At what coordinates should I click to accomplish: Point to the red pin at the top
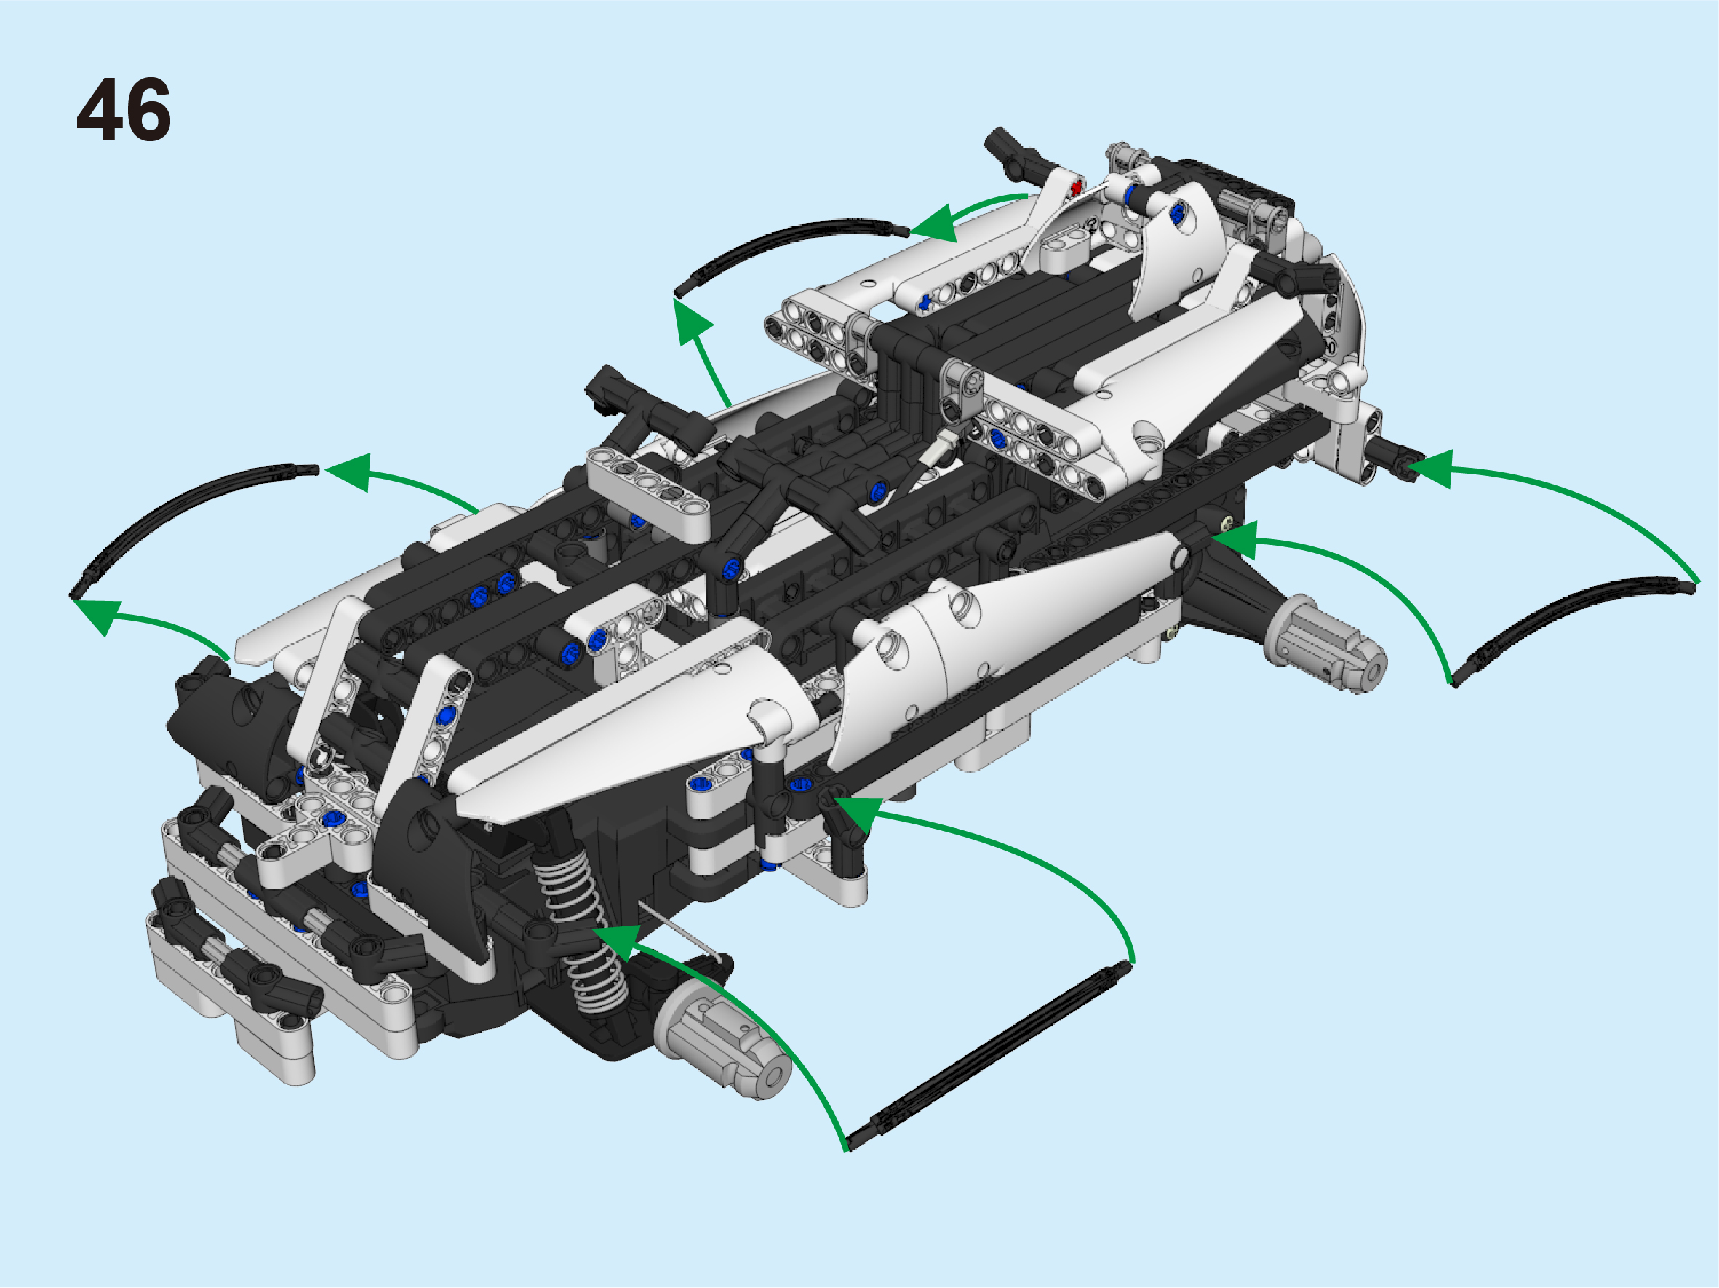point(1075,187)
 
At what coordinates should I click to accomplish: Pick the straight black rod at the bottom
point(988,1055)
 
